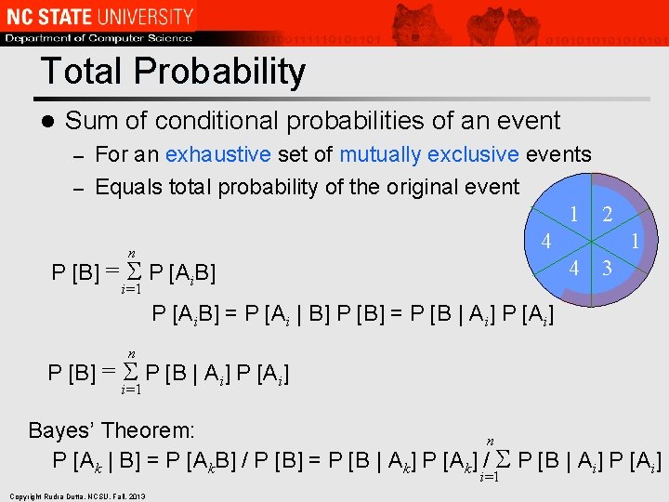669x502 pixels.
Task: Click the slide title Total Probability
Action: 173,72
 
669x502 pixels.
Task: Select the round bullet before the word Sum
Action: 46,121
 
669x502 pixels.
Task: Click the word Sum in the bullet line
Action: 89,121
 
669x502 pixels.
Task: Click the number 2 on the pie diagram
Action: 607,215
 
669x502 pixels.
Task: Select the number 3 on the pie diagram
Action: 607,269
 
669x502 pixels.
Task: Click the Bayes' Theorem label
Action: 111,430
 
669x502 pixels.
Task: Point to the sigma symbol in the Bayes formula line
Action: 503,458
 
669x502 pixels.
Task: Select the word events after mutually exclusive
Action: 558,153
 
